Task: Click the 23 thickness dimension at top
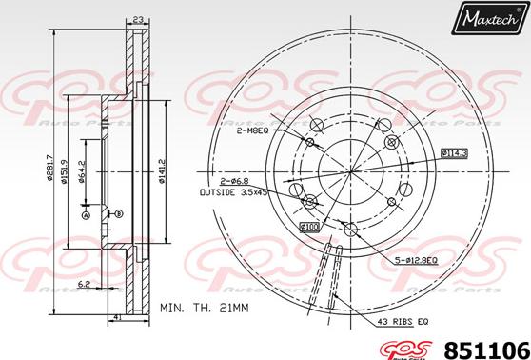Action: (x=139, y=19)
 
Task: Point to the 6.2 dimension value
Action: (x=85, y=285)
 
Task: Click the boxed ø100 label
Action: (x=309, y=227)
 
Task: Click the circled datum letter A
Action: (x=87, y=215)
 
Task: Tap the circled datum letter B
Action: (x=119, y=215)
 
